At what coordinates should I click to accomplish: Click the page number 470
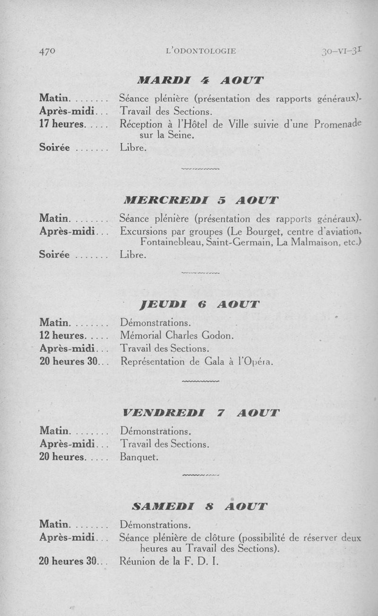(x=48, y=51)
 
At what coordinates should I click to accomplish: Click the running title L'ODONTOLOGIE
(x=201, y=51)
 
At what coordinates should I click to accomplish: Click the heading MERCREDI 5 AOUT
(x=200, y=200)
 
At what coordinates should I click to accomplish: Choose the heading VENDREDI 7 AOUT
(x=200, y=412)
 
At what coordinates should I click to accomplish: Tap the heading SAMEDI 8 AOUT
(x=200, y=506)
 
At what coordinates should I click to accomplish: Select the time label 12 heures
(x=61, y=336)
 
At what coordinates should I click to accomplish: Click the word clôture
(x=217, y=538)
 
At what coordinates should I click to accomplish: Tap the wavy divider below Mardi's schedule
(x=200, y=168)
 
